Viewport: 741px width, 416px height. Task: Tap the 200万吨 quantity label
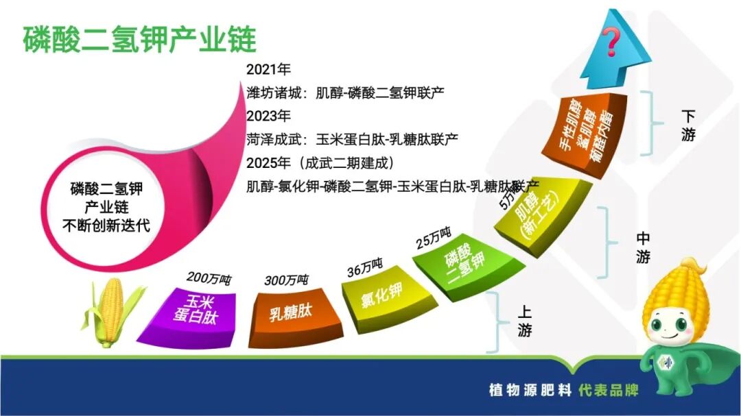(209, 279)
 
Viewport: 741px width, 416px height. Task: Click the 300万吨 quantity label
(286, 281)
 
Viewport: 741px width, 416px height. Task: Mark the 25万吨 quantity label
(434, 238)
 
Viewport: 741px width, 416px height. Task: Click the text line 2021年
(268, 69)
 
